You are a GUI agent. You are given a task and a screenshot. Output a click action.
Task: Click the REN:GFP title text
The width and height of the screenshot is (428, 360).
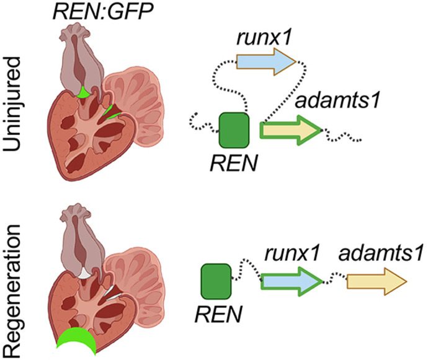[x=93, y=11]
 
